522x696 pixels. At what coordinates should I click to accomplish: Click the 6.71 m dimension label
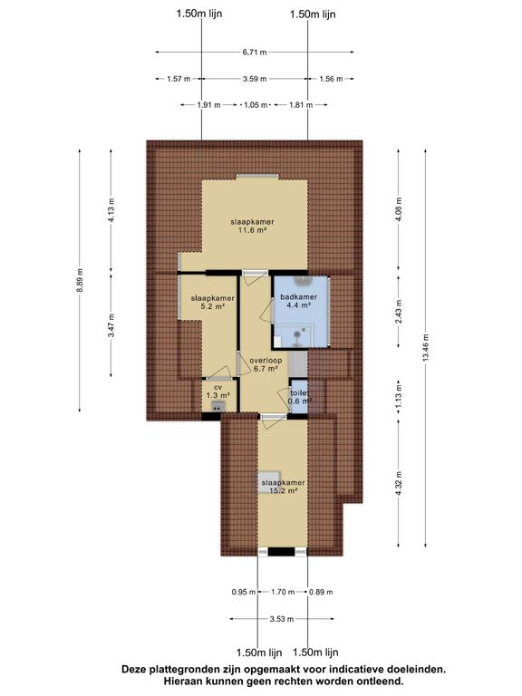pyautogui.click(x=255, y=53)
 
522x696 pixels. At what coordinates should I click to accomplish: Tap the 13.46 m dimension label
pyautogui.click(x=426, y=348)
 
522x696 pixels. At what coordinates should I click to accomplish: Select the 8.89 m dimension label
pyautogui.click(x=80, y=281)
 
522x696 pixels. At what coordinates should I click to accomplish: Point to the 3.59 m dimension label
pyautogui.click(x=255, y=79)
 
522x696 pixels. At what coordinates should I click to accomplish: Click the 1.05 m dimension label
pyautogui.click(x=256, y=105)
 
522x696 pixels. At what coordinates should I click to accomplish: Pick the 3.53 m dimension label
pyautogui.click(x=282, y=619)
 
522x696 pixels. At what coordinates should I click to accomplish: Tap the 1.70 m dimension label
pyautogui.click(x=283, y=592)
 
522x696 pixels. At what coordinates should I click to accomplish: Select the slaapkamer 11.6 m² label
pyautogui.click(x=252, y=226)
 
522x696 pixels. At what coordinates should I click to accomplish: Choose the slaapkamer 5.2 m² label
pyautogui.click(x=213, y=302)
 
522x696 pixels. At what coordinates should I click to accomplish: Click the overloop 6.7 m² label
pyautogui.click(x=266, y=364)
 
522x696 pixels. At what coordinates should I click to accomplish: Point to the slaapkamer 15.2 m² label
pyautogui.click(x=283, y=487)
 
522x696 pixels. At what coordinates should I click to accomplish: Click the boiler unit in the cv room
pyautogui.click(x=217, y=406)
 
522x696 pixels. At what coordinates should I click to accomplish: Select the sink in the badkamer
pyautogui.click(x=304, y=281)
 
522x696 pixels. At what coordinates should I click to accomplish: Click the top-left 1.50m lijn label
pyautogui.click(x=199, y=14)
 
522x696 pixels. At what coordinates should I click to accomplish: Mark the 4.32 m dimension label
pyautogui.click(x=399, y=483)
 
